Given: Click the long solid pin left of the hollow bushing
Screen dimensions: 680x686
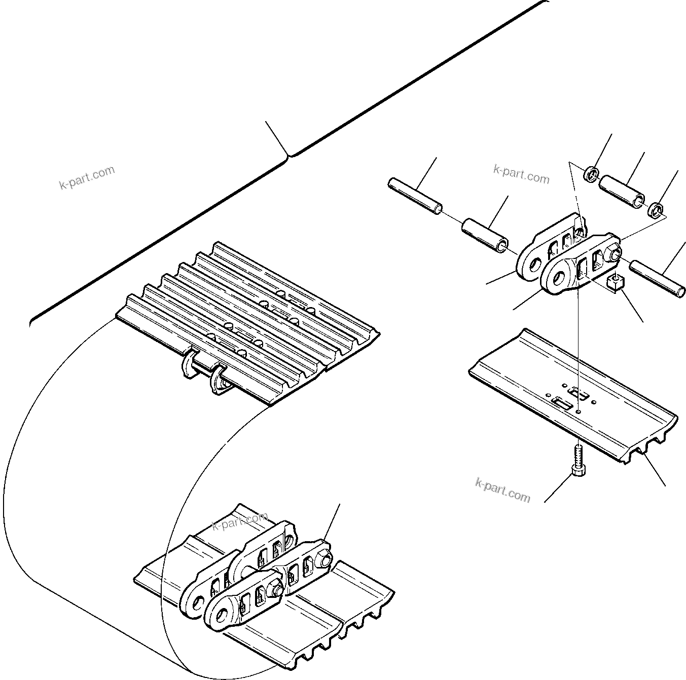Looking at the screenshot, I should pyautogui.click(x=415, y=196).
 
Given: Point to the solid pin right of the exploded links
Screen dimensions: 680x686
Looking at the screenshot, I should pyautogui.click(x=657, y=278).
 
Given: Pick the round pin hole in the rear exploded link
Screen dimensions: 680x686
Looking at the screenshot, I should pyautogui.click(x=532, y=263).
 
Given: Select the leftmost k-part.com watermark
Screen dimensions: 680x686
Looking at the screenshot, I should pyautogui.click(x=87, y=178).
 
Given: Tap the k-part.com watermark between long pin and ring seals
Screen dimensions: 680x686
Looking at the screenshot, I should pyautogui.click(x=521, y=174).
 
